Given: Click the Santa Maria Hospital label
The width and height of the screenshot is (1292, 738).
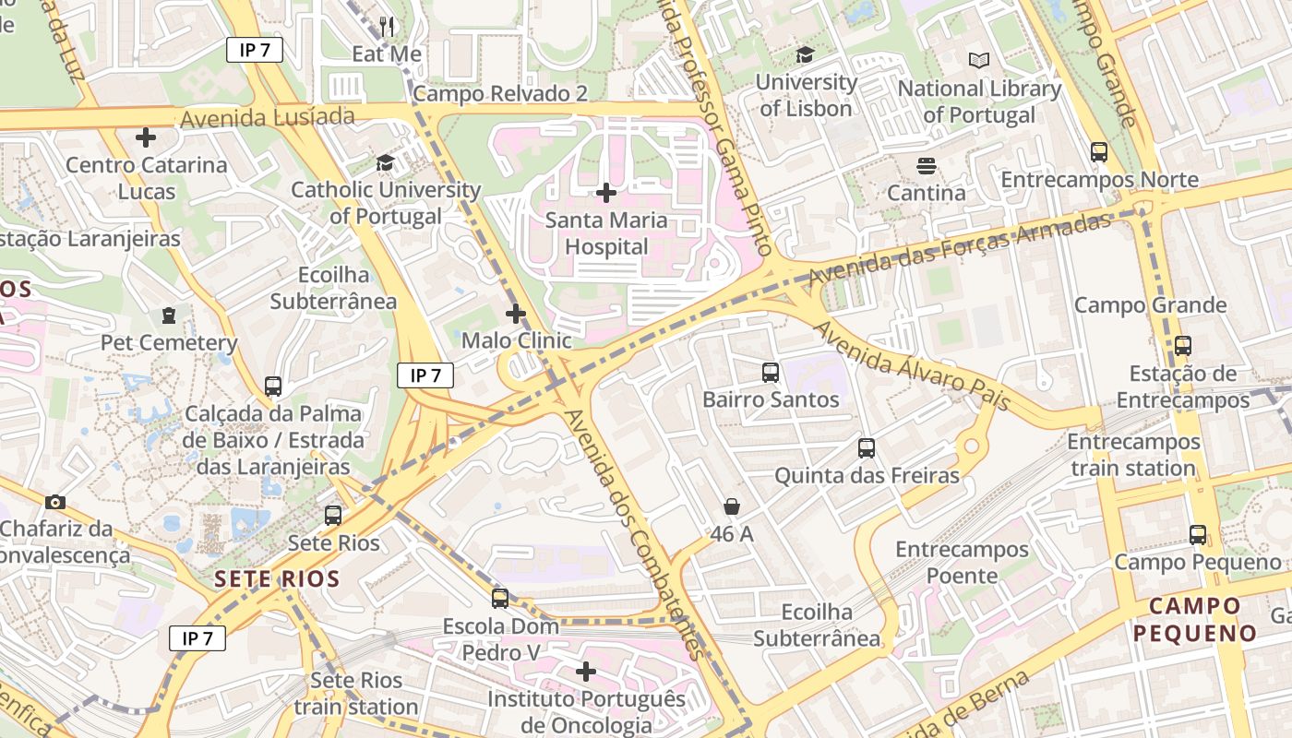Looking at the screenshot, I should pos(606,233).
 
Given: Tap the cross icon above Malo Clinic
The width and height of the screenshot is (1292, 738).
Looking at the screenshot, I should pos(516,314).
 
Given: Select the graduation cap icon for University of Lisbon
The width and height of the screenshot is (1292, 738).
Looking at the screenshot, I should pos(805,55).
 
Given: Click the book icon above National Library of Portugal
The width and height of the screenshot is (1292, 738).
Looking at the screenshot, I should pos(979,61).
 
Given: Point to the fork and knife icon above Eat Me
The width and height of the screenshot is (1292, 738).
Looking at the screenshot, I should pos(388,27).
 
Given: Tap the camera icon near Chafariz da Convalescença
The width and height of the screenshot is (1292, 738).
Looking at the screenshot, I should pos(55,502).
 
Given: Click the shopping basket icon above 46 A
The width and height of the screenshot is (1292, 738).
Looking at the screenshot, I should pos(732,506).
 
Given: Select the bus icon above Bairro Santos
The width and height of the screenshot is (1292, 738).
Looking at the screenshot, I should pos(771,373).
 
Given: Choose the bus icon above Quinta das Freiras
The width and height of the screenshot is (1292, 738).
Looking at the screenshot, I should pos(867,448).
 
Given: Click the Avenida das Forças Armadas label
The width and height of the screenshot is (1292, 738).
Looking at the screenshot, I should pos(960,248).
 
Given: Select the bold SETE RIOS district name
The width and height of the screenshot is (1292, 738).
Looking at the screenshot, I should pos(277,579).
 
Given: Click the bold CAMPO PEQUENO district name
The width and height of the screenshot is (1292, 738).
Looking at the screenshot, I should pos(1195,620).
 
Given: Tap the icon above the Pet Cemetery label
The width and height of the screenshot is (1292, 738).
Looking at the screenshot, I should pos(169,316).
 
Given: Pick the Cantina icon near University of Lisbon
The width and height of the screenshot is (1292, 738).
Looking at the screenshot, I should pos(927,166).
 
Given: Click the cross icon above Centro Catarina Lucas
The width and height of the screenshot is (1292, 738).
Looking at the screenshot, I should pos(146,138).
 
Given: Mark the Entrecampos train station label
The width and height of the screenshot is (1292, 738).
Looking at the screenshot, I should pos(1133,455).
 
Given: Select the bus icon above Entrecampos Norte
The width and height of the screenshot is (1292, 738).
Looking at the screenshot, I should pos(1099,152).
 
